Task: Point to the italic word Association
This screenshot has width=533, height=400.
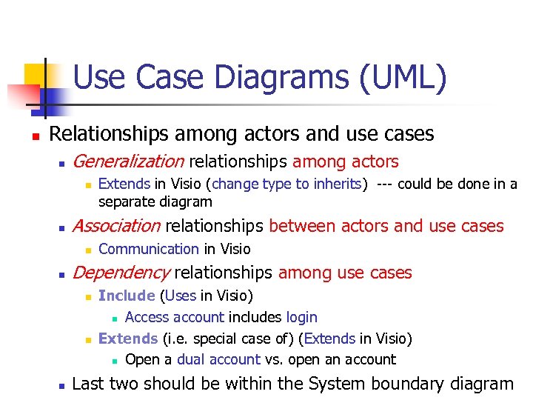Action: click(x=116, y=226)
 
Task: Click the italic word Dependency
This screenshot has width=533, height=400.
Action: click(x=121, y=273)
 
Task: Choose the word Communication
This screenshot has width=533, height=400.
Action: click(x=148, y=249)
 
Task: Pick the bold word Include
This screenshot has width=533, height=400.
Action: click(x=127, y=296)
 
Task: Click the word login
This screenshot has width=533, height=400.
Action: click(x=301, y=317)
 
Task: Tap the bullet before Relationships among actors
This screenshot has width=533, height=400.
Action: click(x=26, y=136)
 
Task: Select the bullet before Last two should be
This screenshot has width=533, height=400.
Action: click(x=62, y=385)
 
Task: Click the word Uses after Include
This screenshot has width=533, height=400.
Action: click(x=181, y=296)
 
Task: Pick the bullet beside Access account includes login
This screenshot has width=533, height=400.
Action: click(x=115, y=319)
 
